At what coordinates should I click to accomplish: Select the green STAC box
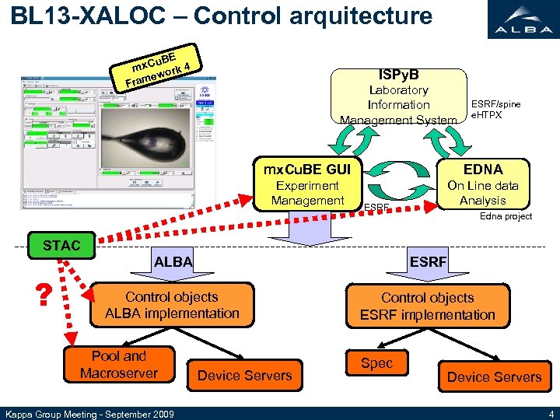click(61, 246)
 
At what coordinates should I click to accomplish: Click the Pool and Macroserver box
click(118, 366)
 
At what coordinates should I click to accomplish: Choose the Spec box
click(377, 364)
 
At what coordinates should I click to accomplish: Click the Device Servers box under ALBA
click(244, 376)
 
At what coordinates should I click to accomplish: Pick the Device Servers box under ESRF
click(494, 377)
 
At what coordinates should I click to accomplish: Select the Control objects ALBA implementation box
click(172, 305)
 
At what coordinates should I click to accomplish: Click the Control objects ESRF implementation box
click(427, 306)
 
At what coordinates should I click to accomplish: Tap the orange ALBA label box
click(173, 262)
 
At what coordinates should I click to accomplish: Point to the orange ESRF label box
click(428, 262)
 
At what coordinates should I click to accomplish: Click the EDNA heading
click(483, 170)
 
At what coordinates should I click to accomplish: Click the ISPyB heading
click(398, 75)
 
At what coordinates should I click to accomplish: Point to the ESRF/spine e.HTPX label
click(496, 110)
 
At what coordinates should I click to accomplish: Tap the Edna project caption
click(506, 216)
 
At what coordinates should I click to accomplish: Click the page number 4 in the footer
click(551, 413)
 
